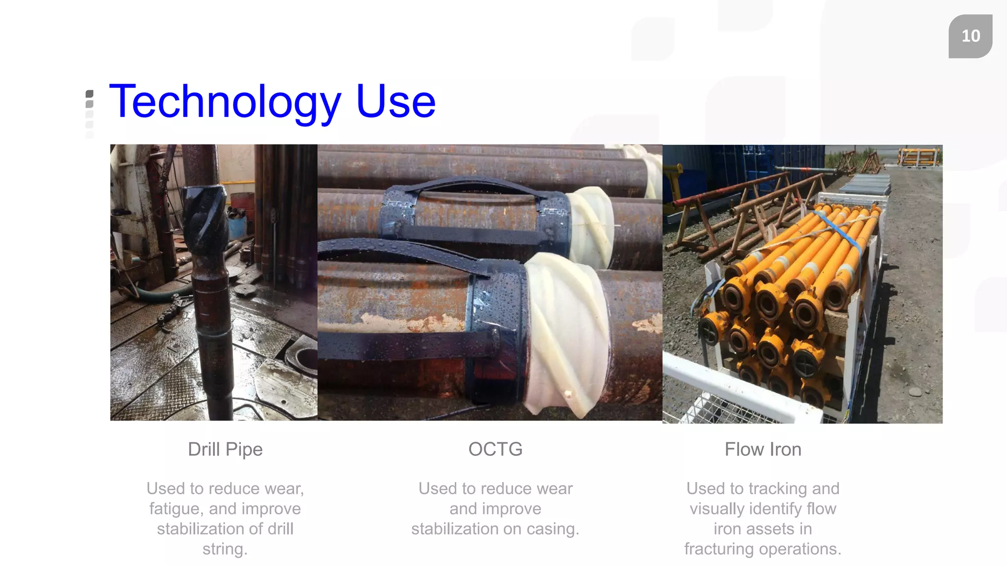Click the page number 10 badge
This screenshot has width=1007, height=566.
tap(970, 36)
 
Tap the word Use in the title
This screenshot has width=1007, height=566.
tap(396, 102)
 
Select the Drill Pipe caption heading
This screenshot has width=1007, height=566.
tap(225, 450)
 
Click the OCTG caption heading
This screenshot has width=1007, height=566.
tap(495, 449)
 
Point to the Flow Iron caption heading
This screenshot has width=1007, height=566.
tap(763, 449)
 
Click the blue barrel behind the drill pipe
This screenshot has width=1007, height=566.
tap(237, 226)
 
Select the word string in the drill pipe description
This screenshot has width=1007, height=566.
tap(225, 549)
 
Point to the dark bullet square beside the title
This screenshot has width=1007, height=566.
tap(89, 94)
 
